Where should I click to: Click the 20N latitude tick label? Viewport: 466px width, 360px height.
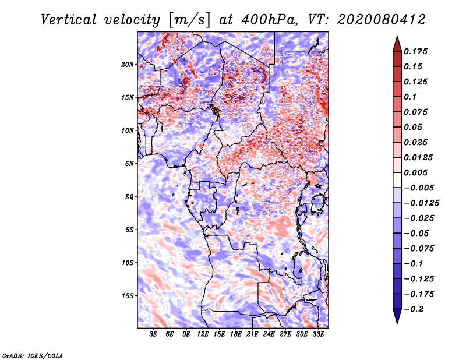[128, 64]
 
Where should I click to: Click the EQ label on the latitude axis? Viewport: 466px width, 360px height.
[129, 197]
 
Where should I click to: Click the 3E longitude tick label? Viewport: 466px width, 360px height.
[153, 335]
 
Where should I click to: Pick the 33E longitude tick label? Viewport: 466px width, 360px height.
[318, 335]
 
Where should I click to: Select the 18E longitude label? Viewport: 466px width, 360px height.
[235, 335]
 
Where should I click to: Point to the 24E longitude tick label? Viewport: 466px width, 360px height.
[269, 335]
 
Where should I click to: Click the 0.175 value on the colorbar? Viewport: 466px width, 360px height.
[417, 51]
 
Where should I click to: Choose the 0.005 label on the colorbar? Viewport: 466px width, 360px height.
[417, 173]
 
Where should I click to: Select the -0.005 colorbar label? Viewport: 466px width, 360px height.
[419, 188]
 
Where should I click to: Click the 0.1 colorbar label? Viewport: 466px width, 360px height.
[412, 97]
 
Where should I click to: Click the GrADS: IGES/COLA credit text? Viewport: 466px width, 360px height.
[32, 355]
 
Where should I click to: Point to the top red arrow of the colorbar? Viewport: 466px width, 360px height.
[396, 42]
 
